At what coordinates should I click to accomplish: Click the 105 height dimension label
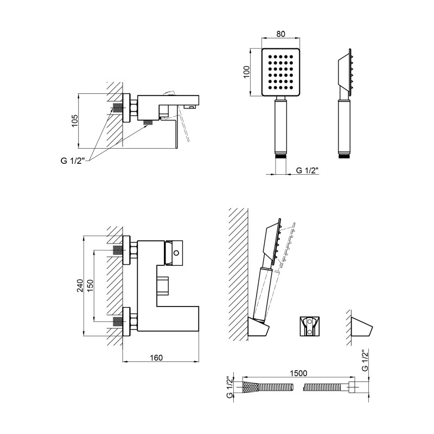tap(75, 121)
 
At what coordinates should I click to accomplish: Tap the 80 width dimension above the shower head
tap(280, 34)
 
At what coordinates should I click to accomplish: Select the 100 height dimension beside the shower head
tap(246, 72)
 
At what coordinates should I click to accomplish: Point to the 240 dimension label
tap(80, 286)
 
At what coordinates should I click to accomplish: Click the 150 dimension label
tap(91, 286)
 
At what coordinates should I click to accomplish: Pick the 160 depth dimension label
tap(156, 358)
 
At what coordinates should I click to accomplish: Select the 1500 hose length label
tap(298, 373)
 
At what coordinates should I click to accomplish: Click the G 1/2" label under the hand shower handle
tap(308, 170)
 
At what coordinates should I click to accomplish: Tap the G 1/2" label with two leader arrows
tap(72, 161)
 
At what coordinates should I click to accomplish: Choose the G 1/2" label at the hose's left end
tap(229, 387)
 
